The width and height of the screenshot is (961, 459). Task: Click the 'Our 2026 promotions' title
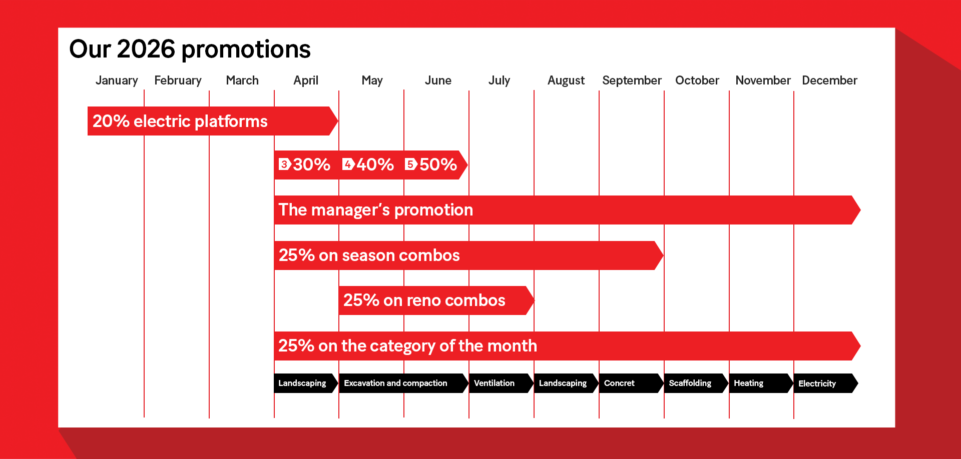[190, 49]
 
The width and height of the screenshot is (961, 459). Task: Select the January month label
[117, 80]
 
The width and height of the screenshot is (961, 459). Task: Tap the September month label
[632, 80]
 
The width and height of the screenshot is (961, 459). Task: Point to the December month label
[829, 80]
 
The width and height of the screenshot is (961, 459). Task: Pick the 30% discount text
[311, 164]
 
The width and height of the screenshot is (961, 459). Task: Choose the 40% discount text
[375, 164]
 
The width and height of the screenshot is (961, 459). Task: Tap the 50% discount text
[438, 164]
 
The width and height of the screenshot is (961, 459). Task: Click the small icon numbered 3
[285, 164]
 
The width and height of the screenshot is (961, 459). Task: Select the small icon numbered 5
[411, 164]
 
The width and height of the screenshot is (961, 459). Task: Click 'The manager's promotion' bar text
[375, 210]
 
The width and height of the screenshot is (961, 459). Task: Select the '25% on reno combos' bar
[436, 300]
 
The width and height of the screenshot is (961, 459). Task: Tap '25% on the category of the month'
[407, 346]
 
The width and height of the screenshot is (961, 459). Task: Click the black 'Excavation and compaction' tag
[403, 383]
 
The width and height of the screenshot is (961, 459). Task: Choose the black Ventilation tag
[501, 383]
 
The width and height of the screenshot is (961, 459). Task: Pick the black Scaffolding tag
[696, 383]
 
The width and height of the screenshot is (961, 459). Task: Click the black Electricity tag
[826, 383]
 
